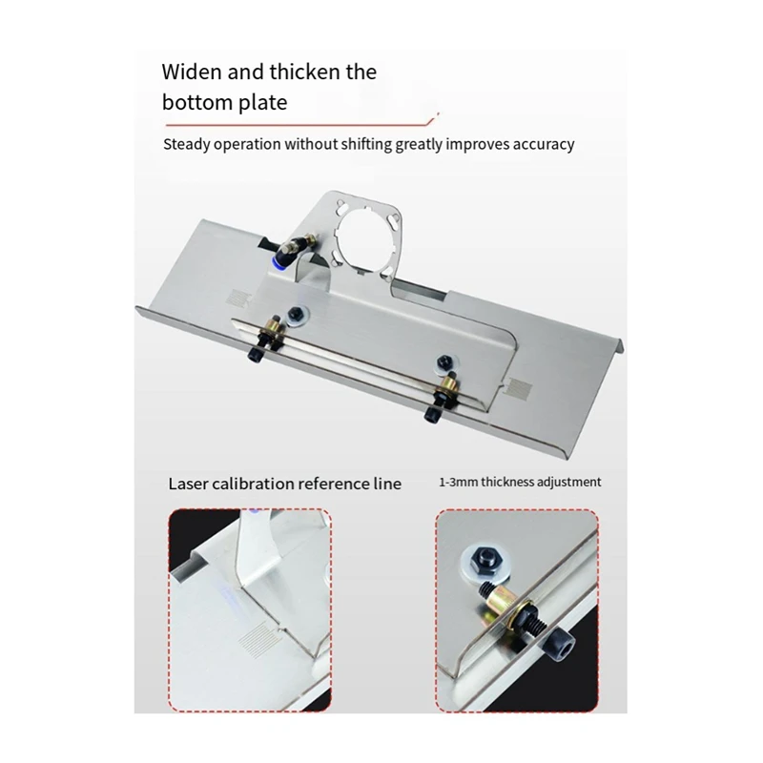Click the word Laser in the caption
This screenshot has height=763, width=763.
(x=189, y=484)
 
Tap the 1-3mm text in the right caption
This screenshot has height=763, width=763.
(x=460, y=483)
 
